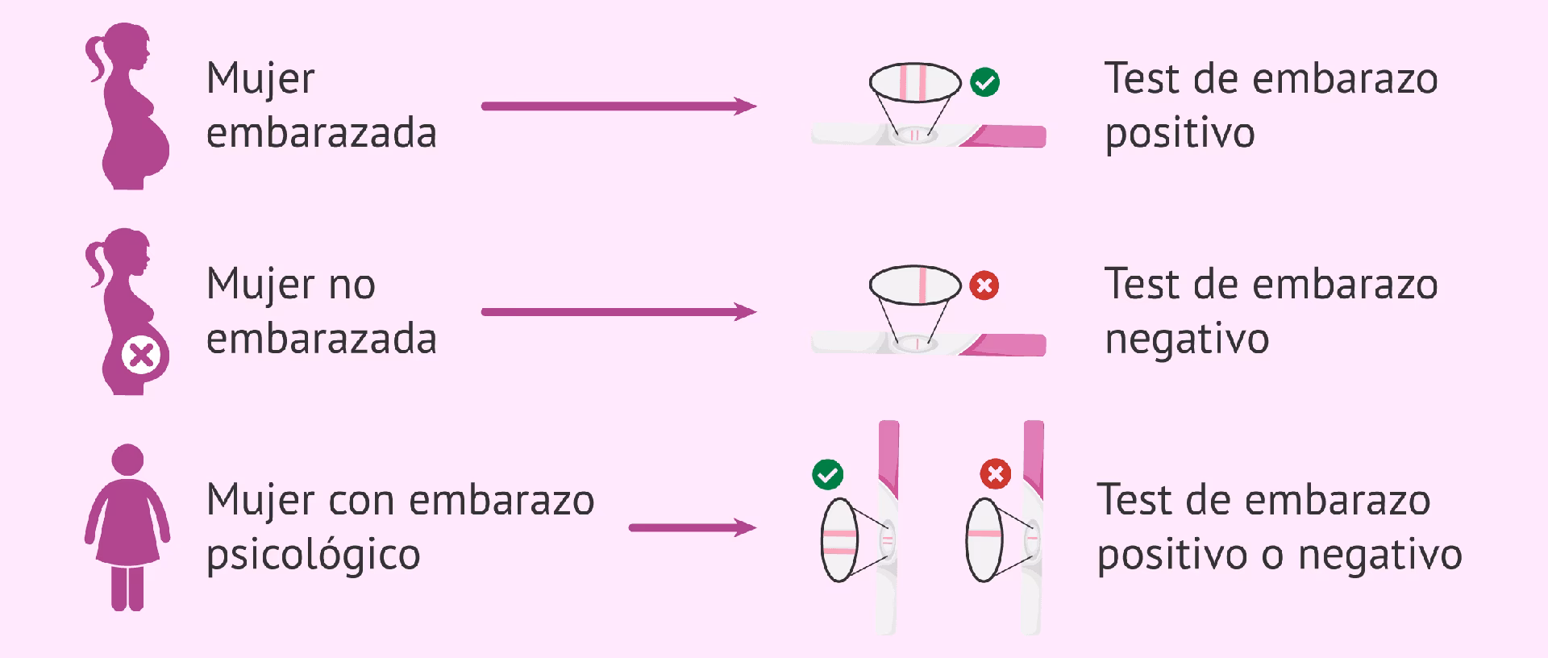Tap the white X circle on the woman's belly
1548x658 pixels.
141,356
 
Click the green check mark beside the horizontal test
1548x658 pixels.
984,81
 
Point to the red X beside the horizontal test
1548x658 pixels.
984,285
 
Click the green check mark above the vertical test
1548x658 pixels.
827,474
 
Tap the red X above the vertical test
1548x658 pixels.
995,473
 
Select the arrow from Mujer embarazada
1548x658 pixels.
618,106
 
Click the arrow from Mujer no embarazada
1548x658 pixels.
618,311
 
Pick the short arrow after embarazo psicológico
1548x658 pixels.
693,528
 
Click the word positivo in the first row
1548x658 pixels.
1180,133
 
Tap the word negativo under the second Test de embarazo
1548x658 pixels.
1187,339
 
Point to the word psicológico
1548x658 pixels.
314,555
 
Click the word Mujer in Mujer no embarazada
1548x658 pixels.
260,285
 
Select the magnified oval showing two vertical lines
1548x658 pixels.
915,82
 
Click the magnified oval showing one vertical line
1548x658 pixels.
915,285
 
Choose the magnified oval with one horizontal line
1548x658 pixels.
984,539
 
